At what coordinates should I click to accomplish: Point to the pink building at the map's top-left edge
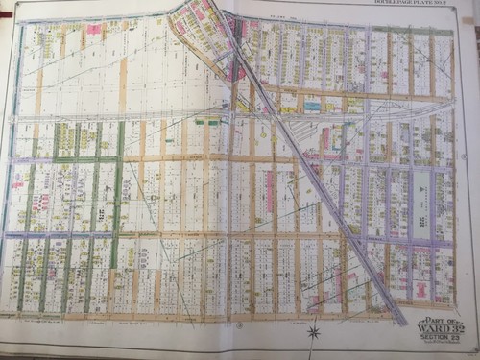(x=94, y=30)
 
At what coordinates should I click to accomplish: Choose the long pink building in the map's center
(x=270, y=192)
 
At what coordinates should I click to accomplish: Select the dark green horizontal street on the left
(x=82, y=158)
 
